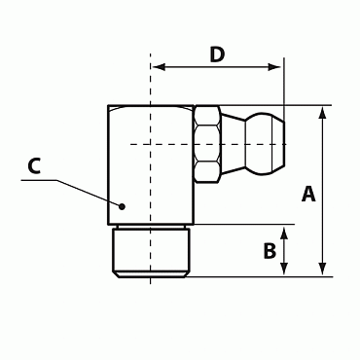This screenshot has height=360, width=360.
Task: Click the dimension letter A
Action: [308, 194]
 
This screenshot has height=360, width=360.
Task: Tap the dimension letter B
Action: [270, 251]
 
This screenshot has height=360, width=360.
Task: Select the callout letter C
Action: [34, 165]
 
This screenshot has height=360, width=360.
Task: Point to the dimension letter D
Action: [217, 54]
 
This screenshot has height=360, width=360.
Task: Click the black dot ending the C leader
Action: [122, 206]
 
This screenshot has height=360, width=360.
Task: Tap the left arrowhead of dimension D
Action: [160, 67]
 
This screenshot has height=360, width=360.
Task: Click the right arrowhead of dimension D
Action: [274, 67]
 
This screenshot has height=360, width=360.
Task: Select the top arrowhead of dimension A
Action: [322, 113]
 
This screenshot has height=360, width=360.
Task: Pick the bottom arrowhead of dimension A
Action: [322, 270]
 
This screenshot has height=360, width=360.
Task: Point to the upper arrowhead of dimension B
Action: [284, 234]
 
